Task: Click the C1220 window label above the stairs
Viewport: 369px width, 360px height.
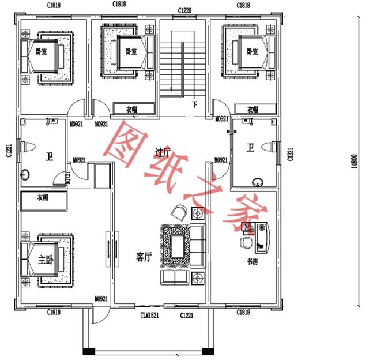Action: point(184,10)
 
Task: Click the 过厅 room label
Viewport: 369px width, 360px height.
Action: point(163,152)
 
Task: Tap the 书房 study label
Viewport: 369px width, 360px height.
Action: point(253,262)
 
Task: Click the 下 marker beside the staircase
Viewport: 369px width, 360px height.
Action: point(195,104)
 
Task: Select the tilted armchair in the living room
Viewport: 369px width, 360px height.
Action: point(179,213)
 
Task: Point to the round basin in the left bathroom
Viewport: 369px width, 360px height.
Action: point(26,174)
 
